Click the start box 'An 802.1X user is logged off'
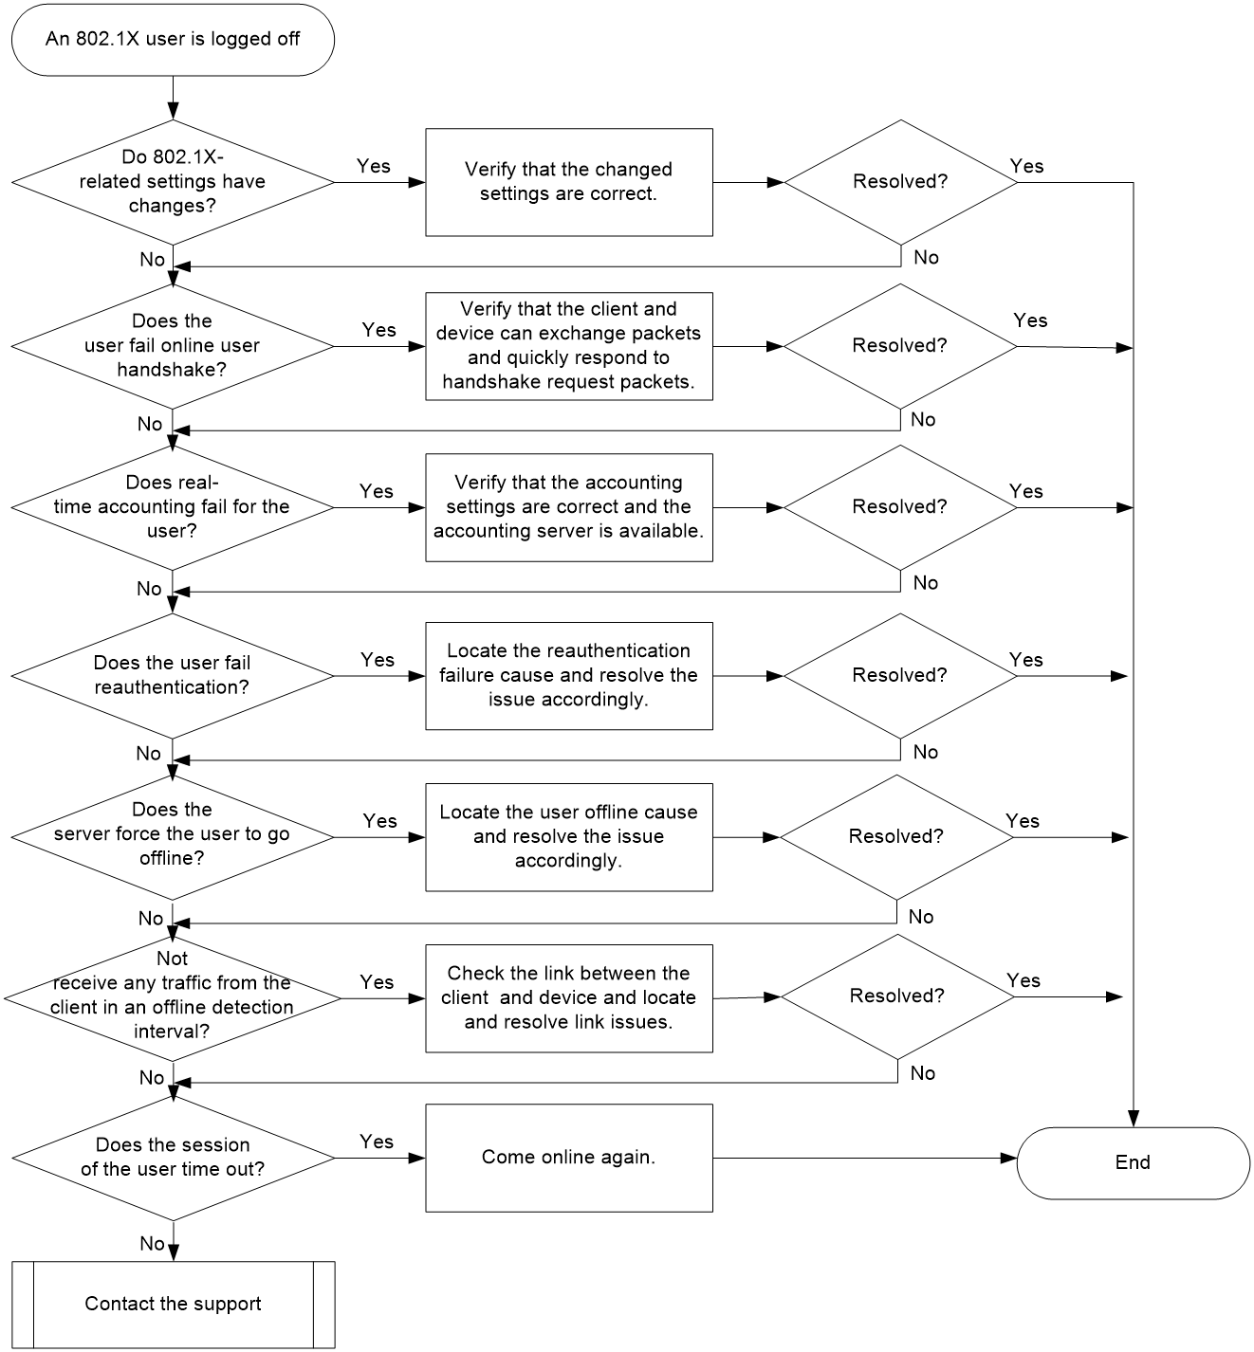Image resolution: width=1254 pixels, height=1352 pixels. click(x=173, y=40)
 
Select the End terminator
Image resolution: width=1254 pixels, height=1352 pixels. click(x=1133, y=1162)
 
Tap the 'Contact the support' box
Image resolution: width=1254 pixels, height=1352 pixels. click(x=173, y=1304)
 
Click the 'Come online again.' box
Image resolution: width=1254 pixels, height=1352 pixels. click(x=569, y=1158)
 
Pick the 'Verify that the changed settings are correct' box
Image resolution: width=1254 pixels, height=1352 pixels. click(x=569, y=182)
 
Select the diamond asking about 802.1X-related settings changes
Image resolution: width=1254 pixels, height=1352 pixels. click(x=173, y=182)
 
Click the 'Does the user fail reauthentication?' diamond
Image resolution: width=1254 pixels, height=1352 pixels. click(x=173, y=675)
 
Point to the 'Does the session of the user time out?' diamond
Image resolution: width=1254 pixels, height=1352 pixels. click(x=173, y=1158)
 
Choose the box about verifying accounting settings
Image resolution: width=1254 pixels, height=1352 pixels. click(x=569, y=507)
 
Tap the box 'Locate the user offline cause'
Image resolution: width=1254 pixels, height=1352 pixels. click(x=569, y=836)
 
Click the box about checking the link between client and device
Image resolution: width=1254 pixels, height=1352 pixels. click(x=569, y=998)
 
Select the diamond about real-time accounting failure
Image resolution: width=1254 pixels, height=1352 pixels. click(x=173, y=507)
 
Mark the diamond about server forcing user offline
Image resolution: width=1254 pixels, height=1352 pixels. click(x=173, y=836)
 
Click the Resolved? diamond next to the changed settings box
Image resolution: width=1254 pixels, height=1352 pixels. click(x=900, y=182)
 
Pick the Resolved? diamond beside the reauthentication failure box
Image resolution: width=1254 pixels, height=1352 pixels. click(x=900, y=675)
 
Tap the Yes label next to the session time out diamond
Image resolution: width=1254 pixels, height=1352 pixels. click(x=377, y=1141)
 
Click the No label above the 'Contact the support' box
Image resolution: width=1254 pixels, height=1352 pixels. click(x=152, y=1243)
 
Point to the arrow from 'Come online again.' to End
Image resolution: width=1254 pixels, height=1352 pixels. click(x=865, y=1158)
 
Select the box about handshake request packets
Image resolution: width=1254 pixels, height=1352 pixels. click(x=569, y=346)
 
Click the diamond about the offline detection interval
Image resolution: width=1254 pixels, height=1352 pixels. click(x=173, y=998)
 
